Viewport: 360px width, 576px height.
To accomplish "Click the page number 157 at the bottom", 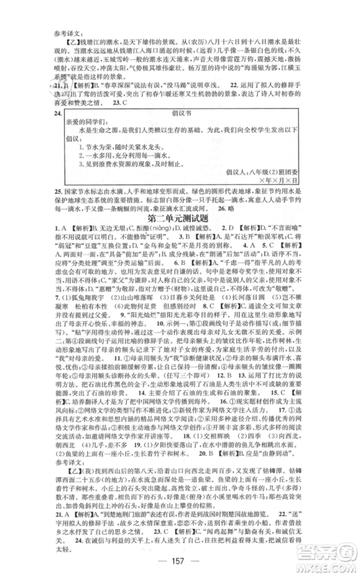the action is (179, 558).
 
